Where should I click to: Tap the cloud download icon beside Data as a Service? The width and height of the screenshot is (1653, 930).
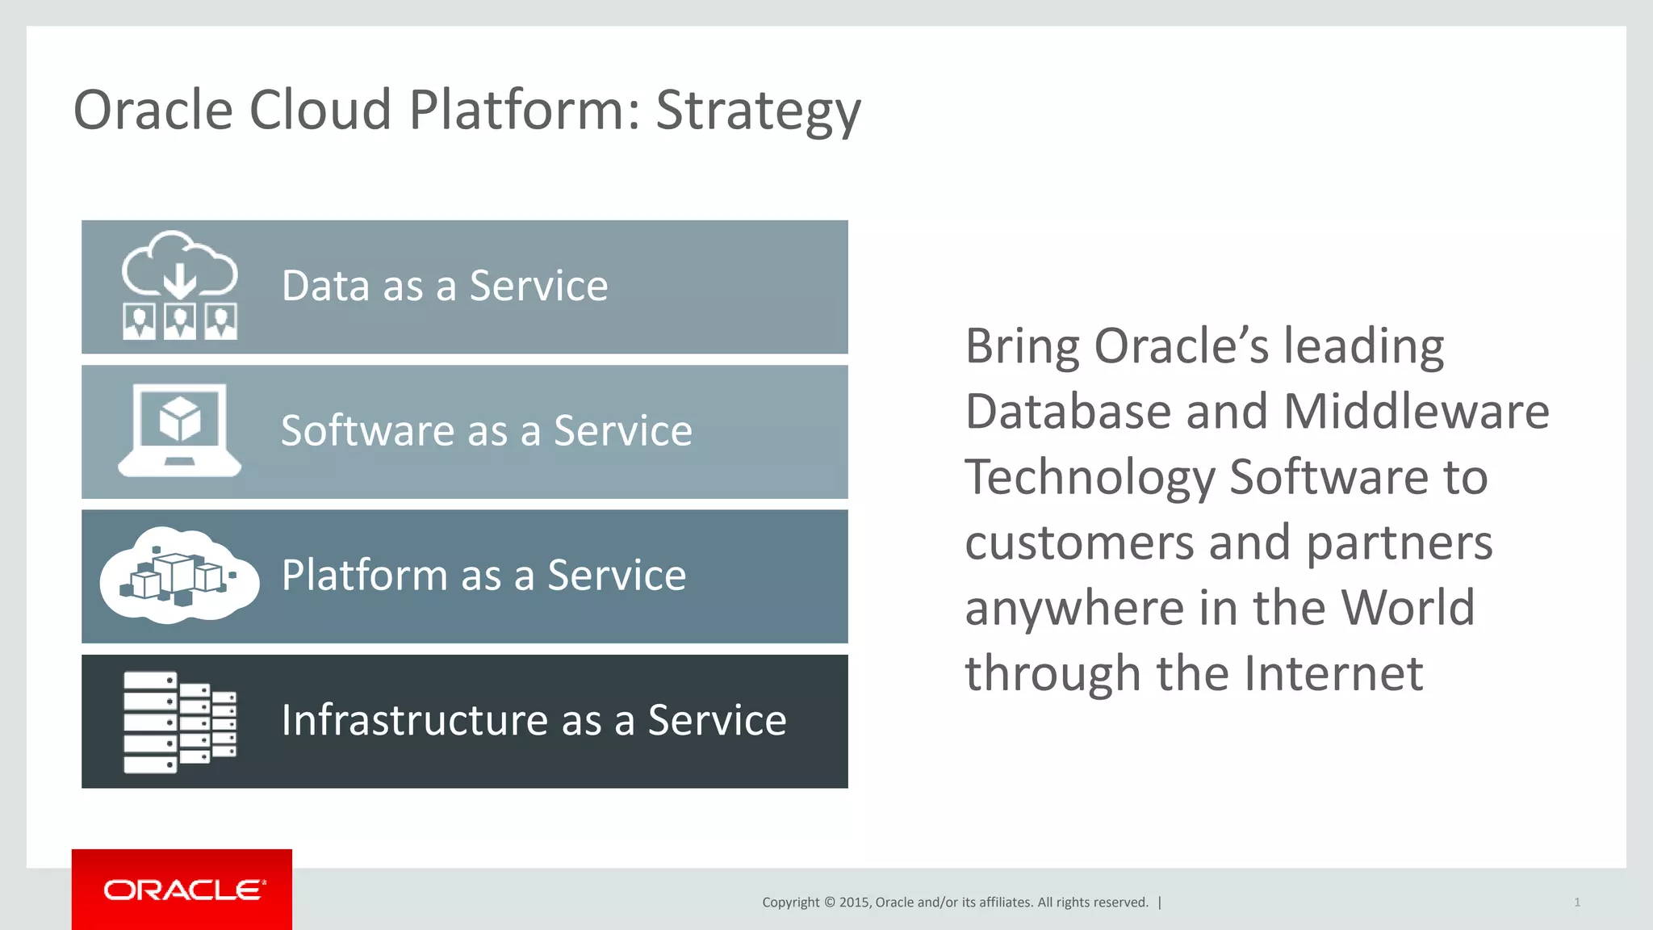(x=179, y=266)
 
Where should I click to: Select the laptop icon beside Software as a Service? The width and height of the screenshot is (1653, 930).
(x=179, y=430)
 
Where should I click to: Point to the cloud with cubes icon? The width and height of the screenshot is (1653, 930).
(x=179, y=575)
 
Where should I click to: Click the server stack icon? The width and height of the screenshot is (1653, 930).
(x=179, y=722)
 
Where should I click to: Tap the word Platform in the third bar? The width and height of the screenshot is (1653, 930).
(x=364, y=575)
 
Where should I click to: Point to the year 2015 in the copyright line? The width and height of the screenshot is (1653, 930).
(x=853, y=903)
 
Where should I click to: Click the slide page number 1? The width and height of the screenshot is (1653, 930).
(x=1576, y=903)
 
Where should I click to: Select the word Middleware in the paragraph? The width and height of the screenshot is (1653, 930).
(x=1416, y=412)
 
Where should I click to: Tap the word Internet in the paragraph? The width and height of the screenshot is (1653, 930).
(x=1333, y=673)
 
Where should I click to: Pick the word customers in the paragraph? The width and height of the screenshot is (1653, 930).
(x=1079, y=542)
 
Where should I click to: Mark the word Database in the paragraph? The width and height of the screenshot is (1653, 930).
(x=1068, y=412)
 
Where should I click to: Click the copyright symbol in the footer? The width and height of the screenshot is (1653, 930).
(x=828, y=903)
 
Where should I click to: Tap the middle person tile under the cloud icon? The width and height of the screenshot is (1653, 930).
(x=179, y=321)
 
